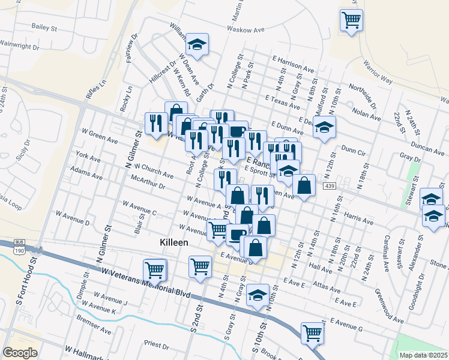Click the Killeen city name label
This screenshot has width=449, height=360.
pyautogui.click(x=173, y=242)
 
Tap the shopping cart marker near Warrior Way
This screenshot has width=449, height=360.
pyautogui.click(x=351, y=19)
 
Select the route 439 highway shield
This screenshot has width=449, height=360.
pyautogui.click(x=330, y=187)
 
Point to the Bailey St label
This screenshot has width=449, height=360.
pyautogui.click(x=44, y=28)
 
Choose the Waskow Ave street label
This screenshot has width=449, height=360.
pyautogui.click(x=246, y=29)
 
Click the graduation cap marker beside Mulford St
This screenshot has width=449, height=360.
pyautogui.click(x=324, y=128)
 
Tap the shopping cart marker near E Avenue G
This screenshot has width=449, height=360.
pyautogui.click(x=312, y=332)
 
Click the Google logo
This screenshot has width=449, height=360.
pyautogui.click(x=20, y=352)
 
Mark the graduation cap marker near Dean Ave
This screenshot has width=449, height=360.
pyautogui.click(x=196, y=43)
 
